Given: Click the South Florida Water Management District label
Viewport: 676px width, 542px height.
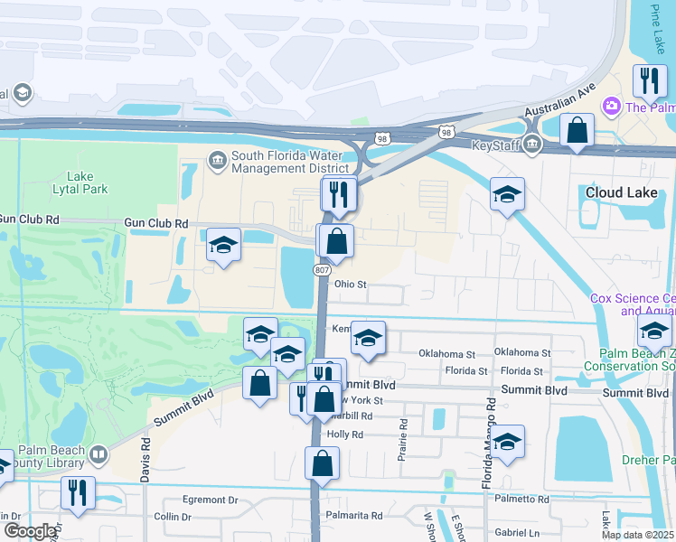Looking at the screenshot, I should (x=289, y=161).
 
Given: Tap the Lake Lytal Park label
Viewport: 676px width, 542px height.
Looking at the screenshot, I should (x=87, y=182).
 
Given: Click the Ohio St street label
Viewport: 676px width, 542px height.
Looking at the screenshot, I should (x=350, y=284).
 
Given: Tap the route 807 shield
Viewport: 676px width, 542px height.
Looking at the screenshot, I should (x=323, y=270).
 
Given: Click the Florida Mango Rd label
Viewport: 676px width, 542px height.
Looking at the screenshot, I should (x=488, y=443).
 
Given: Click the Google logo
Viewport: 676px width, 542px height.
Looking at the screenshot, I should (x=31, y=531).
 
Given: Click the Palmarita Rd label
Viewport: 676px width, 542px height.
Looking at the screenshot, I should (x=355, y=515).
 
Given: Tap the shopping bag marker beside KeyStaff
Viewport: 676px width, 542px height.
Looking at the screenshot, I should (x=576, y=130).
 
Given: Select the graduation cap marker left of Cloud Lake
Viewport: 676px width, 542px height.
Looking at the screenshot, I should (x=507, y=194).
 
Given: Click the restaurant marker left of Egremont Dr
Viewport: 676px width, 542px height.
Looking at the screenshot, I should (x=77, y=493).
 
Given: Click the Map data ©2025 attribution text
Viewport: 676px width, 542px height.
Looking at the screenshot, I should (x=636, y=534).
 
